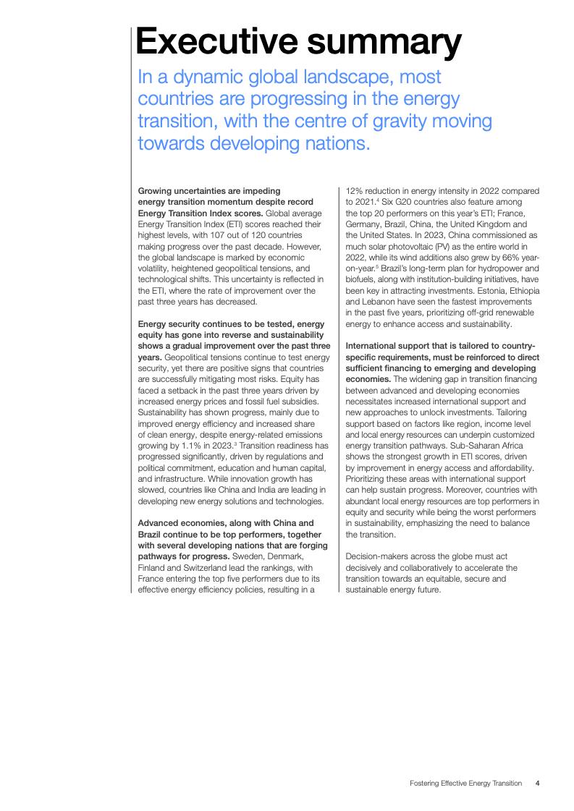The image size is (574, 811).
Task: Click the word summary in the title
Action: (381, 43)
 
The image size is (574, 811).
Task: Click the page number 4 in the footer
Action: (537, 783)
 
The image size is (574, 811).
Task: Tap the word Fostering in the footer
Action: (426, 783)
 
